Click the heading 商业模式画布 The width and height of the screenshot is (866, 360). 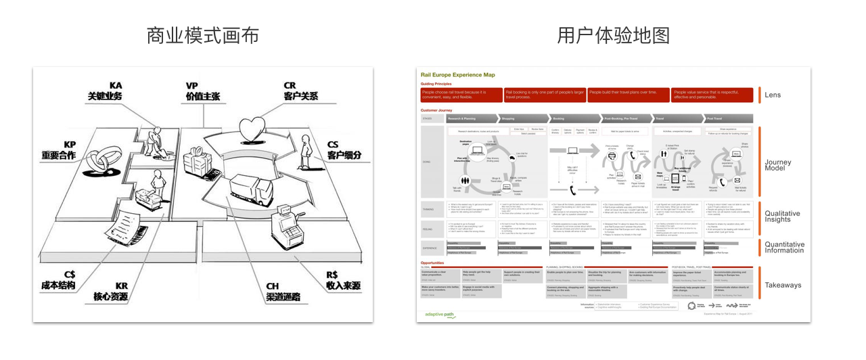point(203,35)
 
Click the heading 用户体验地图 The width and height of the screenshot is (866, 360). point(614,35)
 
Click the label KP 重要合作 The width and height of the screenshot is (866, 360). point(58,150)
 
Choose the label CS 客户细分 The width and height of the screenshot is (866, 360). point(344,150)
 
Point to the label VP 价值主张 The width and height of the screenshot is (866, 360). point(202,91)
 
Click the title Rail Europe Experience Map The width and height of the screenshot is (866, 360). point(457,75)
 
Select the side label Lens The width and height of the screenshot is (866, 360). point(772,95)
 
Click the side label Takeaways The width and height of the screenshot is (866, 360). point(783,285)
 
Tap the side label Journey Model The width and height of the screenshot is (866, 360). point(778,166)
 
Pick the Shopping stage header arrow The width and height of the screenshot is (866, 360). point(524,118)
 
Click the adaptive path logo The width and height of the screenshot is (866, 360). point(439,314)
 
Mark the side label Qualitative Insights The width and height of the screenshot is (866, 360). point(782,217)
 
